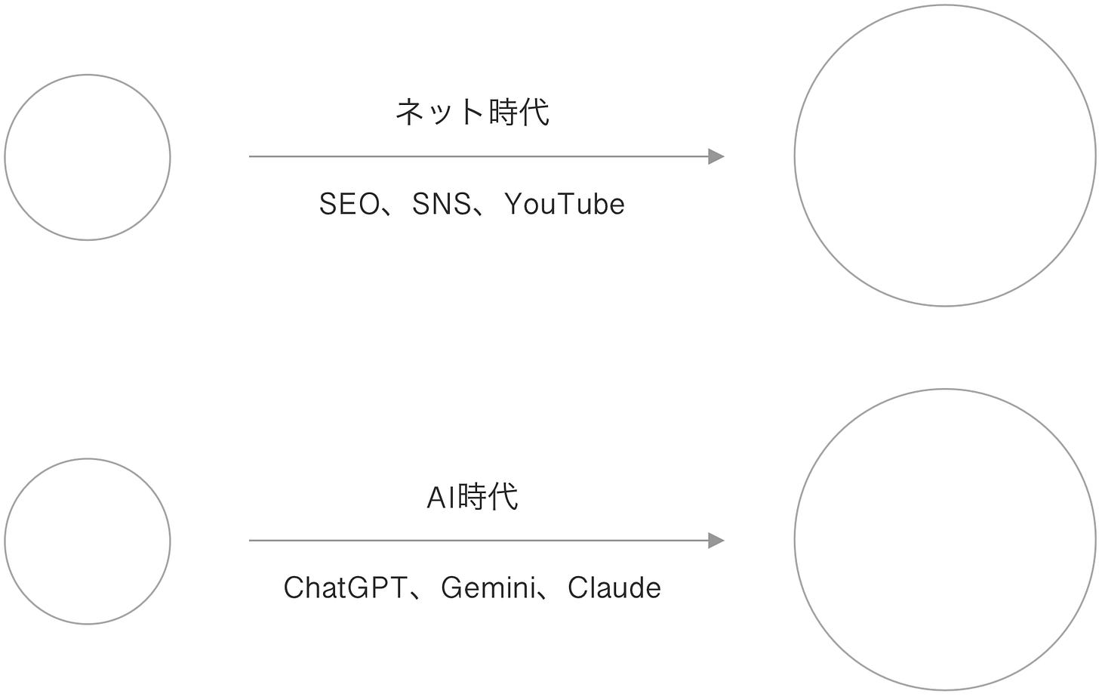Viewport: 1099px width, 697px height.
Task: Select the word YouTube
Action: [564, 205]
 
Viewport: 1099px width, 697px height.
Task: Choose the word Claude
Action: [614, 588]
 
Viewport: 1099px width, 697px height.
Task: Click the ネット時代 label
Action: [473, 113]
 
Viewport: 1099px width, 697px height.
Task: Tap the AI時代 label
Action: [473, 497]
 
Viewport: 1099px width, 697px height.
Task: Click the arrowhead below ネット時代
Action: [716, 157]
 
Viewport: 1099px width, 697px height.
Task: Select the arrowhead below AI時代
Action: [716, 541]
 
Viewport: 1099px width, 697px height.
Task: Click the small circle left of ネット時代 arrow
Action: [88, 158]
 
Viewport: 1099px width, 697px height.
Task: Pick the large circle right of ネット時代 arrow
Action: [944, 156]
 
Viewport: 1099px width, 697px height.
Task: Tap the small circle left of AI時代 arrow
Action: [88, 541]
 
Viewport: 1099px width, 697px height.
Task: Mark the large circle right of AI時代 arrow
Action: [944, 540]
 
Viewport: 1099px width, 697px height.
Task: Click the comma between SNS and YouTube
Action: [481, 212]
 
